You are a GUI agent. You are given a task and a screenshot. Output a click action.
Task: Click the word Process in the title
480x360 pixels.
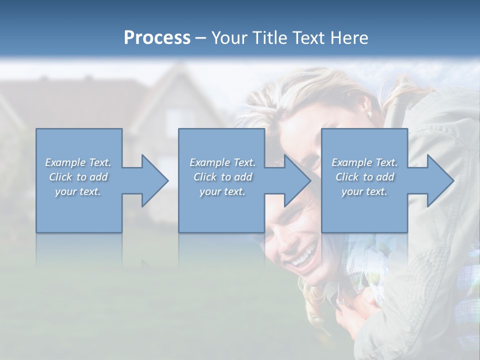coord(157,37)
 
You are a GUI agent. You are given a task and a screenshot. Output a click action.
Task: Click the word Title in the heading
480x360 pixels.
coord(266,37)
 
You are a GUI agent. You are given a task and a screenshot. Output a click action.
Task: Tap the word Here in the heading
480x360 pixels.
coord(348,37)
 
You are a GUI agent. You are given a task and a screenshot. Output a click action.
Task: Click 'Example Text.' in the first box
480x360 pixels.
coord(78,162)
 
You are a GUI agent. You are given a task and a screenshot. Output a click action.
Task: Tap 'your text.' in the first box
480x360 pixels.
coord(78,191)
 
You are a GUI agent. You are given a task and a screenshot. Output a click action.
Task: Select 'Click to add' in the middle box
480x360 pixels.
coord(222,177)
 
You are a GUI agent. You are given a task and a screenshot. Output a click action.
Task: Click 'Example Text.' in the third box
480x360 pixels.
coord(364,162)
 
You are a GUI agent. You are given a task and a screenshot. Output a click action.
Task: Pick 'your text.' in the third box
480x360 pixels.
coord(364,191)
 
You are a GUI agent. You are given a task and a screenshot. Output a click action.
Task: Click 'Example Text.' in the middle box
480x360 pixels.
coord(222,162)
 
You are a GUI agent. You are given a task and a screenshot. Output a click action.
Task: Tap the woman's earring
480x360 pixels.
coord(370,115)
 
